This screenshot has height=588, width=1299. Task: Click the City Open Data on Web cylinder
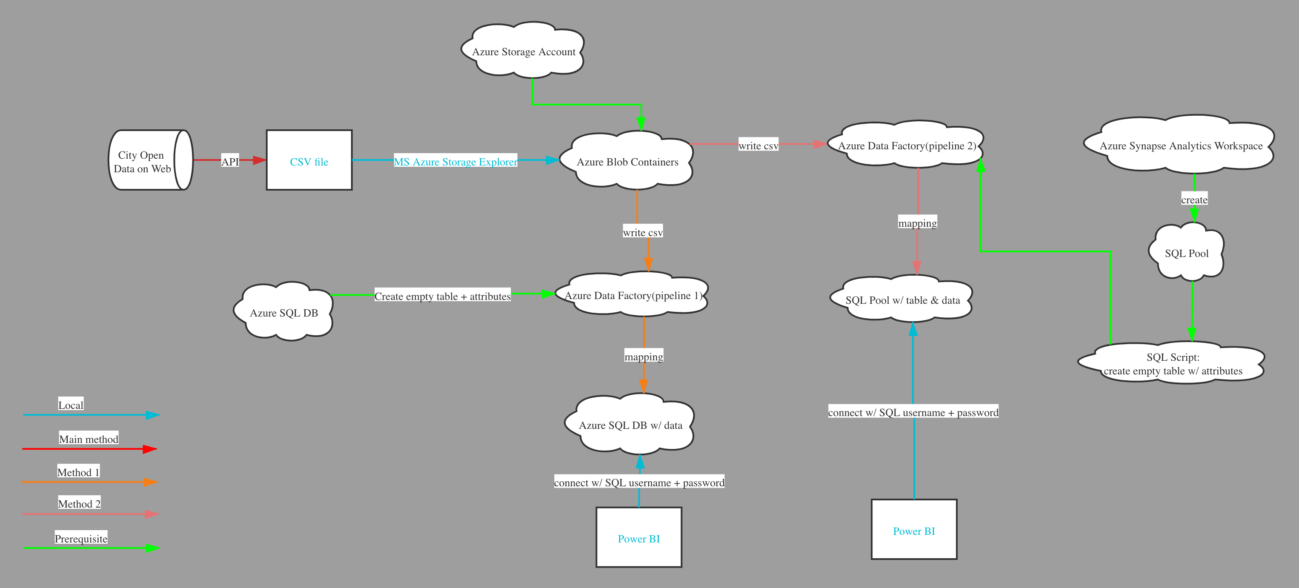coord(144,161)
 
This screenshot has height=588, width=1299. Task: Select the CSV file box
coord(309,161)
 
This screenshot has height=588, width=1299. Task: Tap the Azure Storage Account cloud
coord(523,51)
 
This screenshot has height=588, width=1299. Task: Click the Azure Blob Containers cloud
coord(627,161)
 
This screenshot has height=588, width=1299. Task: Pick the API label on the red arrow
coord(230,161)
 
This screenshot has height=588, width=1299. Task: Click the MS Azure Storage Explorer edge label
coord(455,161)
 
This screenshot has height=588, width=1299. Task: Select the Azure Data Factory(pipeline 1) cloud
coord(632,296)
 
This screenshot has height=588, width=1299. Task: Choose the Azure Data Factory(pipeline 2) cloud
coord(906,146)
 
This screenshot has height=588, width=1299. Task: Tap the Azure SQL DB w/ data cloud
coord(630,425)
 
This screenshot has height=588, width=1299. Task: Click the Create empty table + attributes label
coord(442,296)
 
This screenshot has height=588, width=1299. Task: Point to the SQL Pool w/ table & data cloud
coord(902,300)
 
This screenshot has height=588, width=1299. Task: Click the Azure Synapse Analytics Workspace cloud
coord(1181,146)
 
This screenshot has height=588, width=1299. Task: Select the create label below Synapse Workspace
coord(1194,200)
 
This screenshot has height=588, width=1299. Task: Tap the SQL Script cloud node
coord(1173,364)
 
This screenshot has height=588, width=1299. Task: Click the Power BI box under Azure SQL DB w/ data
coord(638,538)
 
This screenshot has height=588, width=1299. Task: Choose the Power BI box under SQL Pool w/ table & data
coord(914,531)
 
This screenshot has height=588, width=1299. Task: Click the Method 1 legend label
coord(78,472)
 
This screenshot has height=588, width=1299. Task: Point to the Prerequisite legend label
coord(81,538)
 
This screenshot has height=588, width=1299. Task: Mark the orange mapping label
coord(644,357)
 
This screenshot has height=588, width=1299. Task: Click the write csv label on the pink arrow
coord(758,146)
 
